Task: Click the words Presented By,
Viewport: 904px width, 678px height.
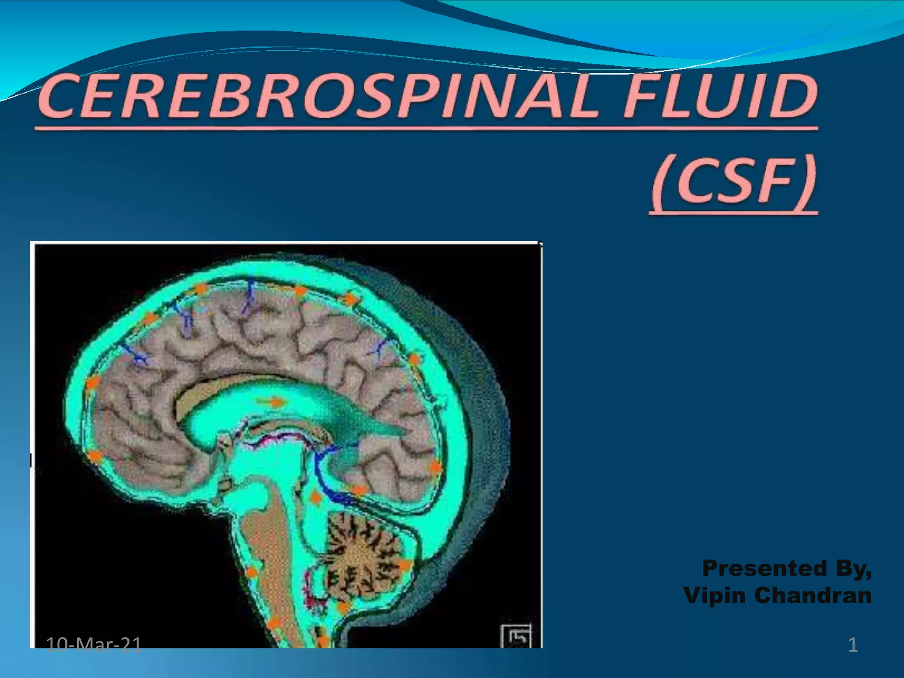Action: tap(787, 568)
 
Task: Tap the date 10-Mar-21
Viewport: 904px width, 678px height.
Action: tap(94, 645)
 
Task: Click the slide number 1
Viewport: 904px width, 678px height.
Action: tap(853, 645)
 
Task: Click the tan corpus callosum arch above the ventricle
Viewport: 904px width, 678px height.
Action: tap(207, 388)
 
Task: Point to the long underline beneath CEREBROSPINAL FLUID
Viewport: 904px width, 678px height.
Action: tap(426, 128)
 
